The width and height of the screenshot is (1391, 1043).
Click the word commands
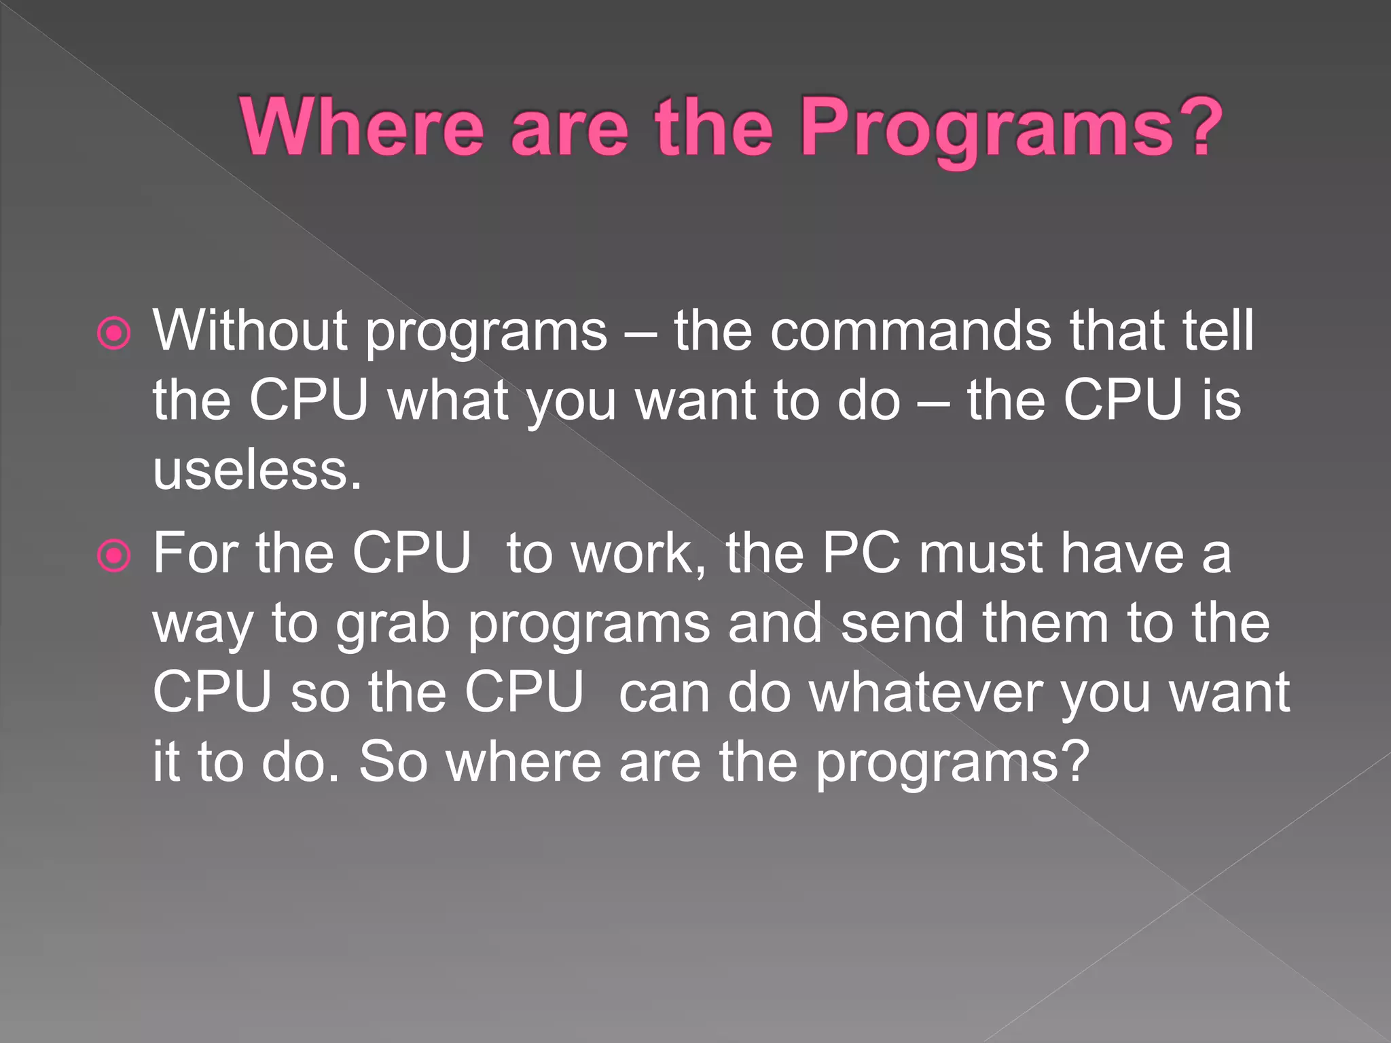click(x=910, y=331)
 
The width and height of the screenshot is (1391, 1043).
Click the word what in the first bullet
click(x=448, y=400)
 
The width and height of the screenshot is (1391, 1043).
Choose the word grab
click(x=393, y=625)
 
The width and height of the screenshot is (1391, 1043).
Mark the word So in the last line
click(x=393, y=762)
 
